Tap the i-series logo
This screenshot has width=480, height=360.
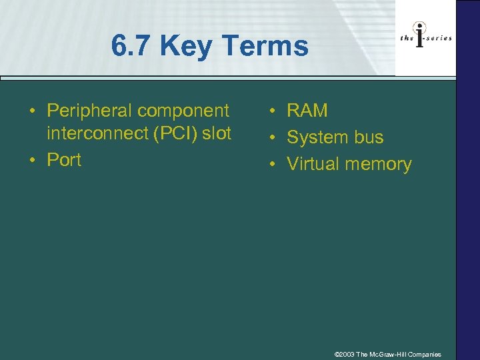point(426,39)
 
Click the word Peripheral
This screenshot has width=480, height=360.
point(90,110)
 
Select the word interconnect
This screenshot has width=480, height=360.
point(97,133)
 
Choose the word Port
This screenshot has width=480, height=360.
point(64,160)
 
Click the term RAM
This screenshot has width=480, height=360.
point(307,111)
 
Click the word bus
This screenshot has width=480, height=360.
point(369,137)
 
